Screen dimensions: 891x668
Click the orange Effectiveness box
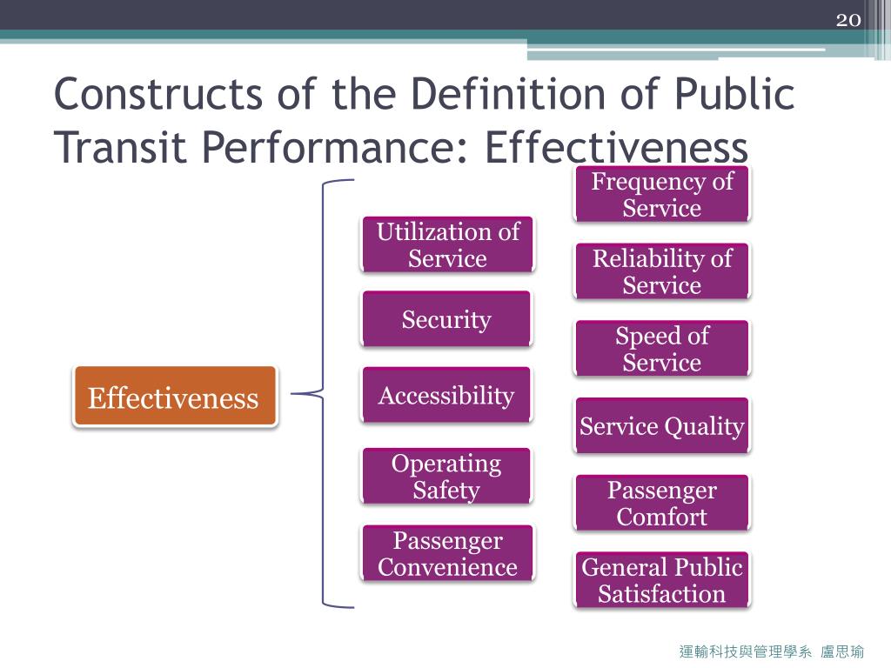(x=175, y=397)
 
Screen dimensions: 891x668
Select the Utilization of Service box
(x=447, y=244)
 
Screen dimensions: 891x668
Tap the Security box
(x=446, y=319)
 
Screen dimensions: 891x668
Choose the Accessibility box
(x=446, y=396)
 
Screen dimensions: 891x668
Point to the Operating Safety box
(x=446, y=476)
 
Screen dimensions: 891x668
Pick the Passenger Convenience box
(x=447, y=553)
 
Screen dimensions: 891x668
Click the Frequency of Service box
(x=662, y=194)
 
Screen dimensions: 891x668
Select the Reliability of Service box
(x=662, y=271)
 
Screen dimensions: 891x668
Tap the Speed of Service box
(x=662, y=348)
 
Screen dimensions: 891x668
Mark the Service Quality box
(x=662, y=425)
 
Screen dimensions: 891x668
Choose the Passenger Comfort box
(x=662, y=503)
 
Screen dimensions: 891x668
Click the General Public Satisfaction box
(x=662, y=580)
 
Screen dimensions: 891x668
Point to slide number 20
(x=847, y=19)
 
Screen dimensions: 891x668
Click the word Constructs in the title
(x=157, y=95)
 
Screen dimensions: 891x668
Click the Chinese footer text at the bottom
(x=771, y=651)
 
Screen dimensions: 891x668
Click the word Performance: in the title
(x=339, y=148)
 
